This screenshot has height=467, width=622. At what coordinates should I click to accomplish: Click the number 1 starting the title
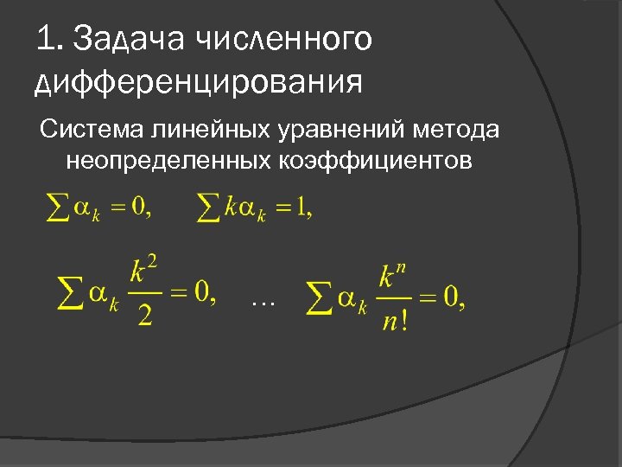47,39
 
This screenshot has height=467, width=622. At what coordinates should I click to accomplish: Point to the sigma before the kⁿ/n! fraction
321,297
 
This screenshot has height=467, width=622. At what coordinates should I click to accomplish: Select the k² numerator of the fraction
143,272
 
